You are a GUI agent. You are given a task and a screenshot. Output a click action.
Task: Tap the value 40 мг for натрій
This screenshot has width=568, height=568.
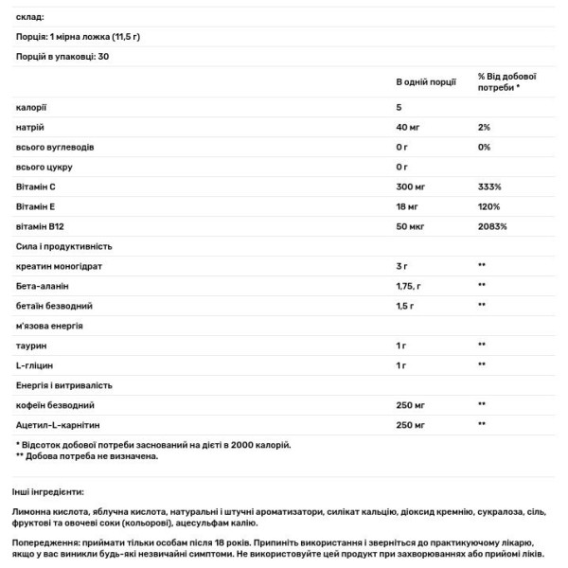(x=407, y=127)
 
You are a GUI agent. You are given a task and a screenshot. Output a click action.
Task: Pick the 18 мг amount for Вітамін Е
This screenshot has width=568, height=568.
(x=407, y=206)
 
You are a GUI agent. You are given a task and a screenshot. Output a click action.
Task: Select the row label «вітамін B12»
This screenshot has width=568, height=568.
(x=42, y=226)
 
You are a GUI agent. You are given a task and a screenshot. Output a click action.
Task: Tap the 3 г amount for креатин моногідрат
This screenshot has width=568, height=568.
(x=402, y=266)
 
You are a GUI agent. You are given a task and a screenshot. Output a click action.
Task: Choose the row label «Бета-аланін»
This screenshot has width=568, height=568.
(x=42, y=286)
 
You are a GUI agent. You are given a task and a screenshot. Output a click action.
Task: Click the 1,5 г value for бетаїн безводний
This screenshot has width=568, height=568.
(x=406, y=306)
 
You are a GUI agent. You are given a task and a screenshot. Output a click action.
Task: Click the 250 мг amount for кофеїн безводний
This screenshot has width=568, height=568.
(x=412, y=405)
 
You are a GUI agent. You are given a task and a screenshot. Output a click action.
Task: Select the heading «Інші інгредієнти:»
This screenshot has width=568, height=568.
(x=47, y=492)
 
